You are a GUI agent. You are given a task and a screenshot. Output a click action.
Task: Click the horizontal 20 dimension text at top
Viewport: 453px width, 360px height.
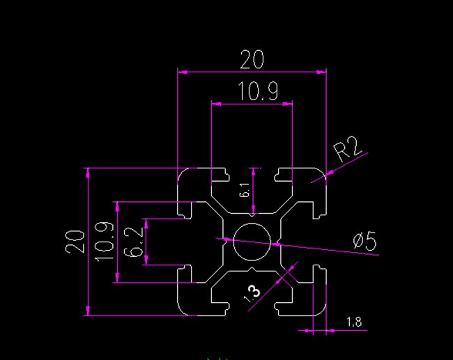click(x=252, y=61)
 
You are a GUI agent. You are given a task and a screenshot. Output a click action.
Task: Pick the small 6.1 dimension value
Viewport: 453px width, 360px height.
click(x=245, y=190)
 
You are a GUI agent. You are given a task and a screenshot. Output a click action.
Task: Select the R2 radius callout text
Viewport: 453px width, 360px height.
click(x=347, y=150)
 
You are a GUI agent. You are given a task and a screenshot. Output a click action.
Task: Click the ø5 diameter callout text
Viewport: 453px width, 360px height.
click(x=364, y=242)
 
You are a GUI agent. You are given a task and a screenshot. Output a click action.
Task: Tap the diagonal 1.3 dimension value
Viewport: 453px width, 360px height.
click(x=252, y=292)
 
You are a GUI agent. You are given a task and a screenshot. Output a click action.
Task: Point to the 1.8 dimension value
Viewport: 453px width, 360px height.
click(x=353, y=322)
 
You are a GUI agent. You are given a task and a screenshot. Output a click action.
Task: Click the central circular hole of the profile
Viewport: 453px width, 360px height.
click(x=252, y=242)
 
